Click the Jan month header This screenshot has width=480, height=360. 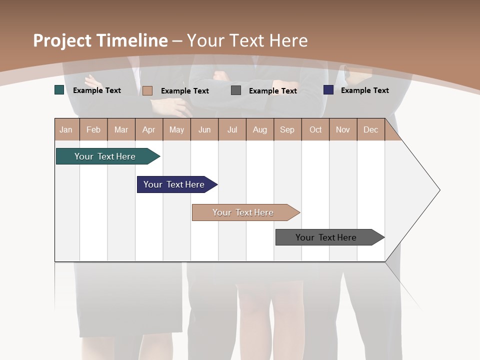(66, 130)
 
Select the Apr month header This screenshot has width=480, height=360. (148, 130)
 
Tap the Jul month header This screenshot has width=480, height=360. (232, 130)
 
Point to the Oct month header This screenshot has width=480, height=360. (315, 130)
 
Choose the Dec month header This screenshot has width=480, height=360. (370, 130)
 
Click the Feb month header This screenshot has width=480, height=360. (93, 130)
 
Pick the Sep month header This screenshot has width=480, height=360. (287, 130)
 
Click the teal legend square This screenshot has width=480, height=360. (59, 90)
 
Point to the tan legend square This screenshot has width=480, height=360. (147, 90)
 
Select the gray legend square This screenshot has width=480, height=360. (236, 90)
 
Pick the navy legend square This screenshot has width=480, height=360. (328, 90)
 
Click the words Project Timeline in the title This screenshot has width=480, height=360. (100, 40)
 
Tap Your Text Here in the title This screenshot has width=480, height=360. (247, 40)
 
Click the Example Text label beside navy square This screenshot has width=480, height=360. (364, 90)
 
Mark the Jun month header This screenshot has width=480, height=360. (204, 130)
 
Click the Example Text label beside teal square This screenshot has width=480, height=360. (97, 90)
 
